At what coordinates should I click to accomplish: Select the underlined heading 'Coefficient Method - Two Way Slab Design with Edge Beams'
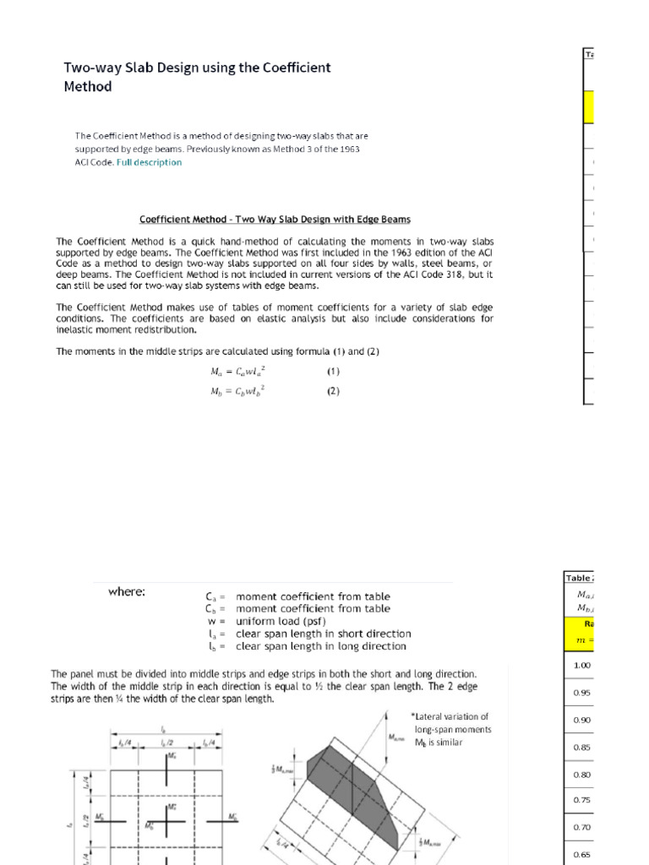275,220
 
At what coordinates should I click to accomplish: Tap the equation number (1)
334,370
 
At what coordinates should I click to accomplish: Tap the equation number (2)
334,392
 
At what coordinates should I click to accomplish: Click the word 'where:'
127,592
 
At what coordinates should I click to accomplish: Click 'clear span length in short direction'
324,634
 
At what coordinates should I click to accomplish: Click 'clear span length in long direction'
321,646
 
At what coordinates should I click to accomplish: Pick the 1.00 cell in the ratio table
581,665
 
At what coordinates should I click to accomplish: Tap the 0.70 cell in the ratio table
581,827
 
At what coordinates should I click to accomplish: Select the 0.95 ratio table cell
581,693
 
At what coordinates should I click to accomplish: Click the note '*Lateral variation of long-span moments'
451,723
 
